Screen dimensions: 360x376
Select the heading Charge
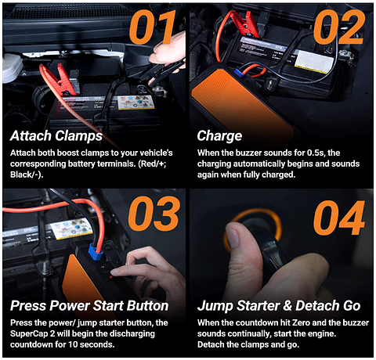click(x=219, y=135)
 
